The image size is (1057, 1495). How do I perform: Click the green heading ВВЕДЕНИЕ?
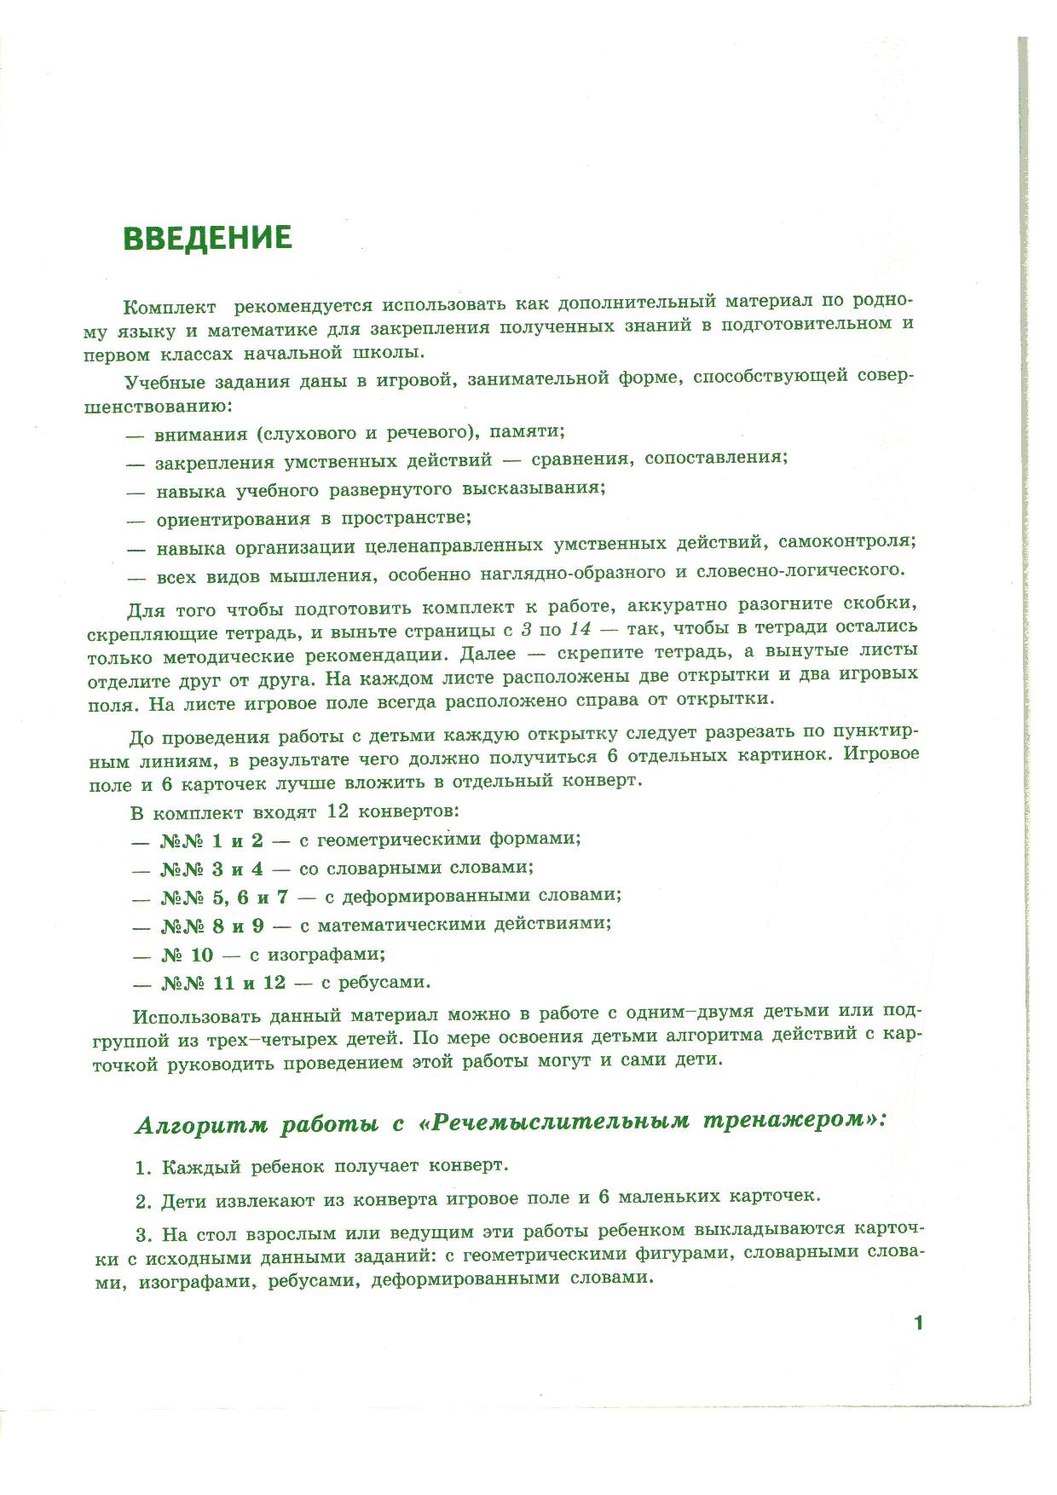coord(208,238)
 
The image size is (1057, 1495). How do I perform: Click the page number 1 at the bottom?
coord(918,1323)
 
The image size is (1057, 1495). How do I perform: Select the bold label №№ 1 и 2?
coord(212,840)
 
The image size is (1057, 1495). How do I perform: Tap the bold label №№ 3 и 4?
coord(212,869)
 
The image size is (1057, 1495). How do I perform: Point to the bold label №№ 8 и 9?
coord(213,925)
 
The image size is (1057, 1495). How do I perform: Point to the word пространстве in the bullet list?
coord(405,517)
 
